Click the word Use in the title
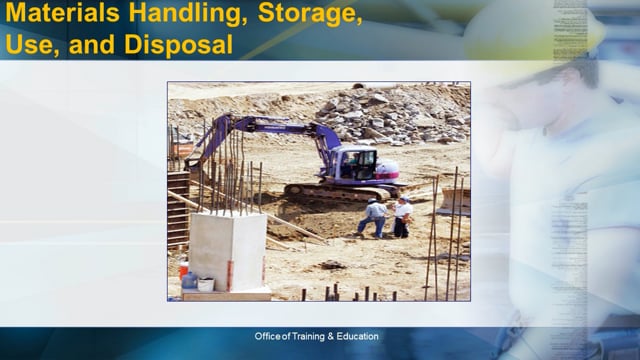coord(28,46)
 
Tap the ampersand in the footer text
coord(332,336)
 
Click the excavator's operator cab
coord(357,163)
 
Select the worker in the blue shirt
coord(375,216)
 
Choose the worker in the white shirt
coord(402,215)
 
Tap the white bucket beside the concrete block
coord(205,284)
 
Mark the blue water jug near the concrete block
coord(189,281)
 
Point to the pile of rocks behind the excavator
coord(390,115)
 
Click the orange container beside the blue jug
coord(183,268)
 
